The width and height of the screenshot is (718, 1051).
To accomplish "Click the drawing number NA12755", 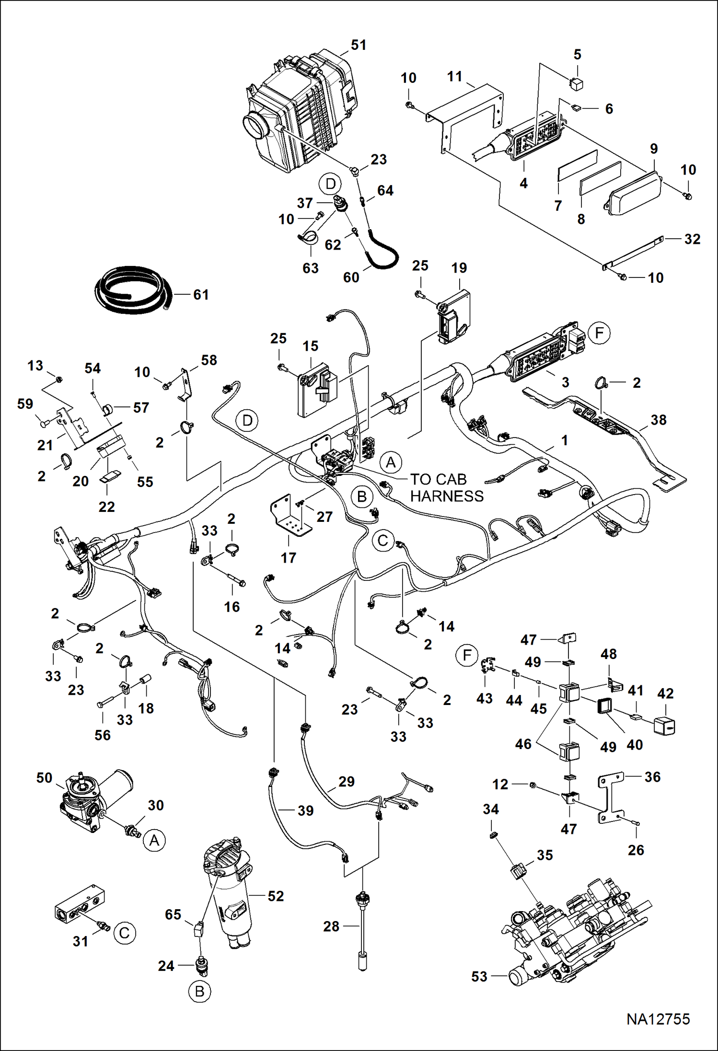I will coord(658,1018).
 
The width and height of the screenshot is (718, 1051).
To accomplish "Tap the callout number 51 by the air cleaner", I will coord(359,45).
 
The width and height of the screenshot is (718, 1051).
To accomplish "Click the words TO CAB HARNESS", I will coord(446,487).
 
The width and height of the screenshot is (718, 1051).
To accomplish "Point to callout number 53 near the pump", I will coord(479,977).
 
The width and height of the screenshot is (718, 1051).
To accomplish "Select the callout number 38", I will coord(658,420).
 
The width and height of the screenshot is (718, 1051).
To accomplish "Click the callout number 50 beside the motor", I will coord(44,778).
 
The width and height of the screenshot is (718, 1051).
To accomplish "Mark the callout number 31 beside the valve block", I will coord(80,941).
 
